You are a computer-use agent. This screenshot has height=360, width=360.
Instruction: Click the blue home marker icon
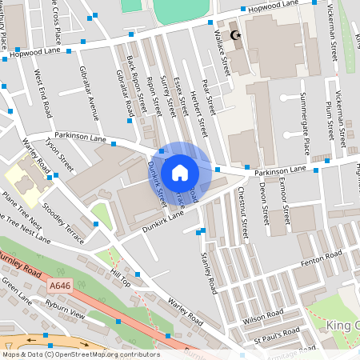(x=180, y=172)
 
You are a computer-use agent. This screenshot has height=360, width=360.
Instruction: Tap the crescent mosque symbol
(x=234, y=36)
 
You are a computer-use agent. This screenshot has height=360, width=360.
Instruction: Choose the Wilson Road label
(x=265, y=316)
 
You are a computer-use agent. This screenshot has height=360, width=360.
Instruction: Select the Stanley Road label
(x=209, y=271)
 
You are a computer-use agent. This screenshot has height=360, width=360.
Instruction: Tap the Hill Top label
(x=120, y=278)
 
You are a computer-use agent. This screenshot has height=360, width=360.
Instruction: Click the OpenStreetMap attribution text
(x=80, y=354)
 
